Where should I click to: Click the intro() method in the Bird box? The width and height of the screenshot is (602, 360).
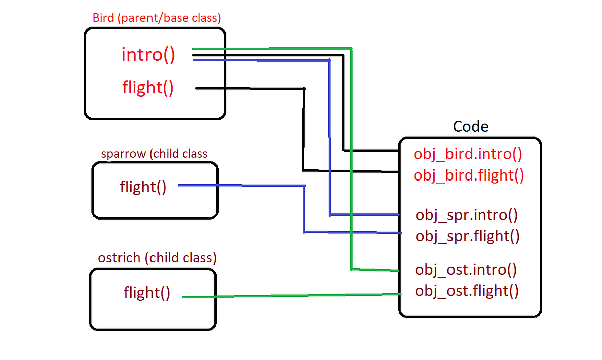point(148,54)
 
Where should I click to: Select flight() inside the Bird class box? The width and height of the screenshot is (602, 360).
point(148,88)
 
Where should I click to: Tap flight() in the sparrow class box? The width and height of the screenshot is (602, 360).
point(143,187)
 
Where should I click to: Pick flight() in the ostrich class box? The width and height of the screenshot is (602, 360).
point(147,292)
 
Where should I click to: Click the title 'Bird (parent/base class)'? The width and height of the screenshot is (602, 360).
point(157,18)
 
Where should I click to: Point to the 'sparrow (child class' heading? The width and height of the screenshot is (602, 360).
point(154,154)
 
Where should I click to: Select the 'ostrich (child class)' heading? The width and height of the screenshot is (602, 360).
point(157,258)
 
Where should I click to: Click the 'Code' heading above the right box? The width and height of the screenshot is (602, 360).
point(470,126)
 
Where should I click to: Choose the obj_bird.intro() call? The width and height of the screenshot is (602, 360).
point(468,154)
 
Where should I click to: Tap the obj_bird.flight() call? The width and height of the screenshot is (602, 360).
point(469,175)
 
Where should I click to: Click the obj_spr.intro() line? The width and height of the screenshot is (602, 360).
point(467,216)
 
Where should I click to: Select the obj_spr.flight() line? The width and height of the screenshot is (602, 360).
point(468,236)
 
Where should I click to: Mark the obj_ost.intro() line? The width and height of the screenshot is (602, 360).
point(466,270)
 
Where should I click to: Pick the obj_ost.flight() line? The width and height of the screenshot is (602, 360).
point(467,291)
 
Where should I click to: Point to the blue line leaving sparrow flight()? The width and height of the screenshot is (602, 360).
point(241,186)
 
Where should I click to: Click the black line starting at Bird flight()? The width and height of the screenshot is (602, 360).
point(251,89)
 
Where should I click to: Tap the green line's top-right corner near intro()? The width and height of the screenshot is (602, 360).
point(351,48)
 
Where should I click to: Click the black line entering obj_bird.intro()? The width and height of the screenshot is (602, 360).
point(371,150)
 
